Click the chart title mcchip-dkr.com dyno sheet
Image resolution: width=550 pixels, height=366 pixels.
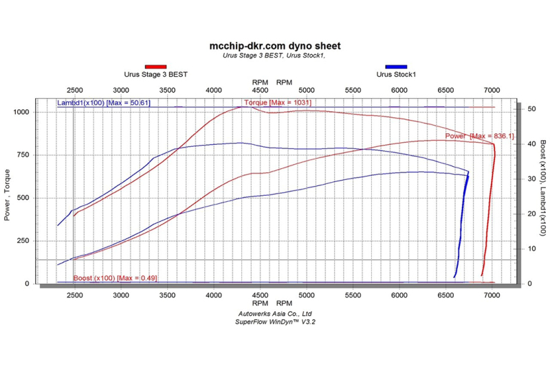(274, 46)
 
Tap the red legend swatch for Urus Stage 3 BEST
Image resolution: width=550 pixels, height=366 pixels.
(155, 67)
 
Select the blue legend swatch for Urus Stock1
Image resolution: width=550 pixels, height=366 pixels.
(396, 67)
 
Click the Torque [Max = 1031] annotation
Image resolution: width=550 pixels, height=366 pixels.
(273, 103)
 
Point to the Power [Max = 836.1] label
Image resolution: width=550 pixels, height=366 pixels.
(479, 136)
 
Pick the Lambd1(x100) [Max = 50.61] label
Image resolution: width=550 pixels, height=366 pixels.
(104, 103)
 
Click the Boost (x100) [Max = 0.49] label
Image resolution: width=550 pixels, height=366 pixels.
(107, 277)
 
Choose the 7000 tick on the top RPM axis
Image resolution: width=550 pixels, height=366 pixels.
(492, 90)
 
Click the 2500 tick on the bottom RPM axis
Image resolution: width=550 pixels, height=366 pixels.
(75, 295)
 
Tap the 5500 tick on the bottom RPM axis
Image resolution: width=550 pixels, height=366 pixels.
(353, 295)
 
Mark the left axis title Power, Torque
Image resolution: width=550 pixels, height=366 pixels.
(9, 198)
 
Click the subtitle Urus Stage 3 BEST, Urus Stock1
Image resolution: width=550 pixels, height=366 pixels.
(274, 56)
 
